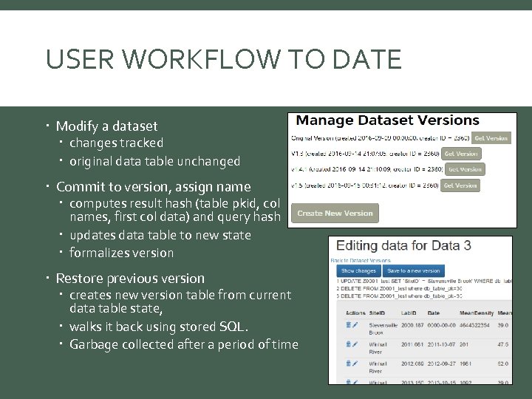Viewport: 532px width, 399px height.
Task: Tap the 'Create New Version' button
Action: [x=335, y=214]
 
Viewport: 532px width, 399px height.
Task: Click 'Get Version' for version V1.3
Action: [x=462, y=154]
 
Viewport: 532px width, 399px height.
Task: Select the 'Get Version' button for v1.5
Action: [x=460, y=185]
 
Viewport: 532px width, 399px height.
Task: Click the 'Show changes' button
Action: [x=358, y=271]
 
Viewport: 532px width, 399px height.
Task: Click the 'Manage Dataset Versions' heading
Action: [x=388, y=120]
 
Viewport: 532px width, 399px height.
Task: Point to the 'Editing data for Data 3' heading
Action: [x=403, y=245]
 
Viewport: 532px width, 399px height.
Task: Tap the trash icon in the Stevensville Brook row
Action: [x=348, y=324]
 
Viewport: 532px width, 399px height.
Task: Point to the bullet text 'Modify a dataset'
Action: [x=106, y=126]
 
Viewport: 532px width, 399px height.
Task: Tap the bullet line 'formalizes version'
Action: [x=121, y=253]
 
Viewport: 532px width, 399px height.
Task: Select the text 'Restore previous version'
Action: [x=130, y=279]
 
